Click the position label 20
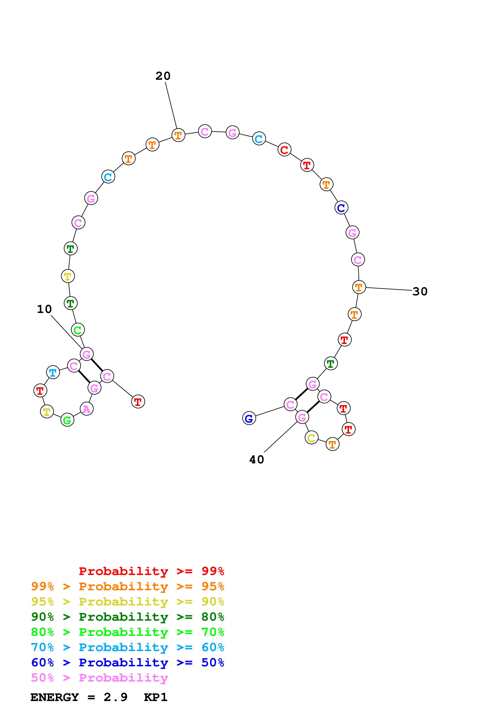(163, 76)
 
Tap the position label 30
(420, 291)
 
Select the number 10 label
(44, 309)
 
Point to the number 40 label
(257, 460)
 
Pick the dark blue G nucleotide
(249, 418)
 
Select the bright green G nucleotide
(67, 420)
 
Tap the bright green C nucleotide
(78, 330)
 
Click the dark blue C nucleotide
(341, 208)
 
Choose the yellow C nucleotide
(311, 438)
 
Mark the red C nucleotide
(284, 150)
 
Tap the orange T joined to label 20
(178, 135)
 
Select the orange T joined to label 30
(359, 287)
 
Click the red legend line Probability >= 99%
(151, 571)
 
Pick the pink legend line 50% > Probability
(99, 678)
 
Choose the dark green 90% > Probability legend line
(127, 617)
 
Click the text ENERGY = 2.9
(79, 697)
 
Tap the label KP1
(156, 697)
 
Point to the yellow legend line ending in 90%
(127, 602)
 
